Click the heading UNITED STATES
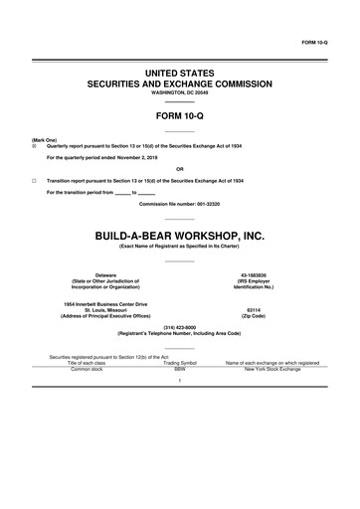(179, 74)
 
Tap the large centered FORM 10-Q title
(179, 115)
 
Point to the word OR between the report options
(179, 168)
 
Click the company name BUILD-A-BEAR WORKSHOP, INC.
(179, 236)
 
